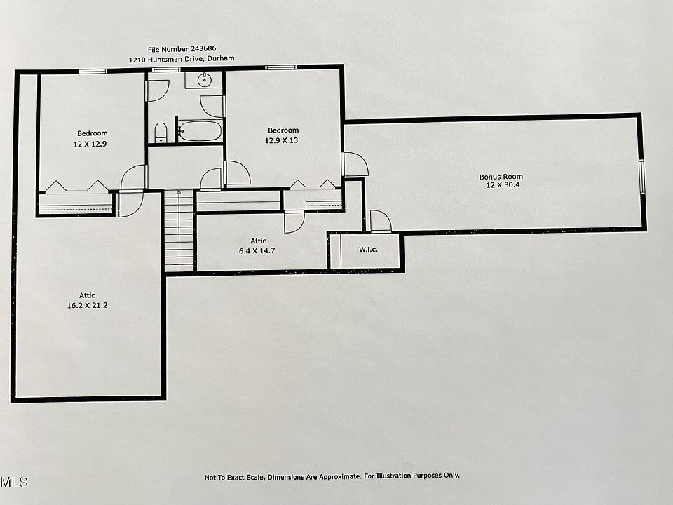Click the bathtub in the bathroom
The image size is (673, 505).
pos(200,131)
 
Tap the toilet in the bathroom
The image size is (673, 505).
pos(161,132)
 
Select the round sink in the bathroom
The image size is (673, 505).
pos(204,80)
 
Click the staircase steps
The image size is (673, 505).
pos(179,231)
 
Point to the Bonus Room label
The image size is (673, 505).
pos(501,177)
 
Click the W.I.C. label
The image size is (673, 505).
pos(369,250)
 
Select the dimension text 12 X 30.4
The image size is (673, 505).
pos(501,186)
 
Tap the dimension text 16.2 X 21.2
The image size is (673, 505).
pos(87,305)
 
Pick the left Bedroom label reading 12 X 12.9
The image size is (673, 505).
pos(92,143)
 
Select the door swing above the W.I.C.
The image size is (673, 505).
pos(380,221)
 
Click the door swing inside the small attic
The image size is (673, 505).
pos(294,222)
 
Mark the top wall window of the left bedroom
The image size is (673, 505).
pos(92,71)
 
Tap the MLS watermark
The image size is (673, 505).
pos(14,482)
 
